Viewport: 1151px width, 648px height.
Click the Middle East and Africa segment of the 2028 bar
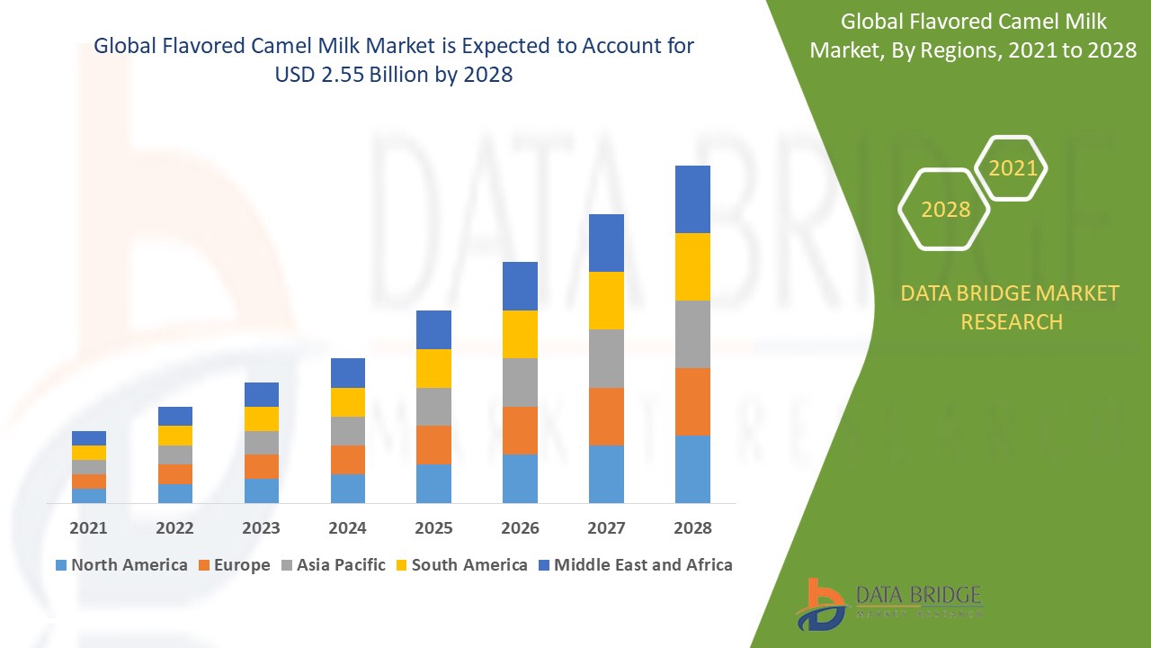click(692, 199)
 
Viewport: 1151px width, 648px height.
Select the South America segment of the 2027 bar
click(606, 301)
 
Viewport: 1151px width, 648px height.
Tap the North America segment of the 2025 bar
click(433, 483)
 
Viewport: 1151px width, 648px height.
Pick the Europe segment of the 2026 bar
click(520, 430)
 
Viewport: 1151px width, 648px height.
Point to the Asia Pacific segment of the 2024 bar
click(348, 431)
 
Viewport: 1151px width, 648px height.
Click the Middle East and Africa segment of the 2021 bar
click(89, 438)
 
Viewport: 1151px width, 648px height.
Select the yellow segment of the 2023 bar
click(262, 418)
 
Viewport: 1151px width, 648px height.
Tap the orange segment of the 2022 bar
click(175, 474)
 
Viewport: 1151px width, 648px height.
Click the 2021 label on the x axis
click(89, 527)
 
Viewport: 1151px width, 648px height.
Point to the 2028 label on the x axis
click(692, 527)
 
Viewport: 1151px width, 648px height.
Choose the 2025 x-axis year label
click(433, 527)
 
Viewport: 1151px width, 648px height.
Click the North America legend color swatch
click(61, 565)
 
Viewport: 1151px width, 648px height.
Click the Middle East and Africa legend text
click(643, 565)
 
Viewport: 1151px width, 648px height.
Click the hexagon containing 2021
click(1012, 168)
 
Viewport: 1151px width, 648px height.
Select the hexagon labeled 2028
click(945, 209)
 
